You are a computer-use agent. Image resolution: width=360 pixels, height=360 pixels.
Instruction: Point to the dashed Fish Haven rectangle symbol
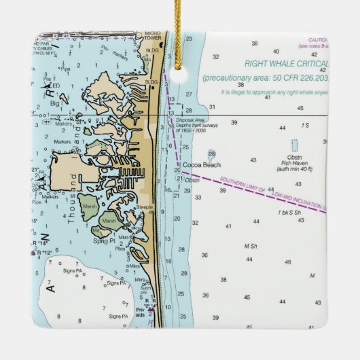tap(294, 145)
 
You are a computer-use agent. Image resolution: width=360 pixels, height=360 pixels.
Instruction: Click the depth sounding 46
tap(287, 262)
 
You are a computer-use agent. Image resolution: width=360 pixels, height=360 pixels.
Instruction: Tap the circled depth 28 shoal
tap(212, 154)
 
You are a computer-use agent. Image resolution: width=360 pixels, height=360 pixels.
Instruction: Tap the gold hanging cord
tap(181, 27)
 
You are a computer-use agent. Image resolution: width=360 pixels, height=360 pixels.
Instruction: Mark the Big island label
tap(54, 104)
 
